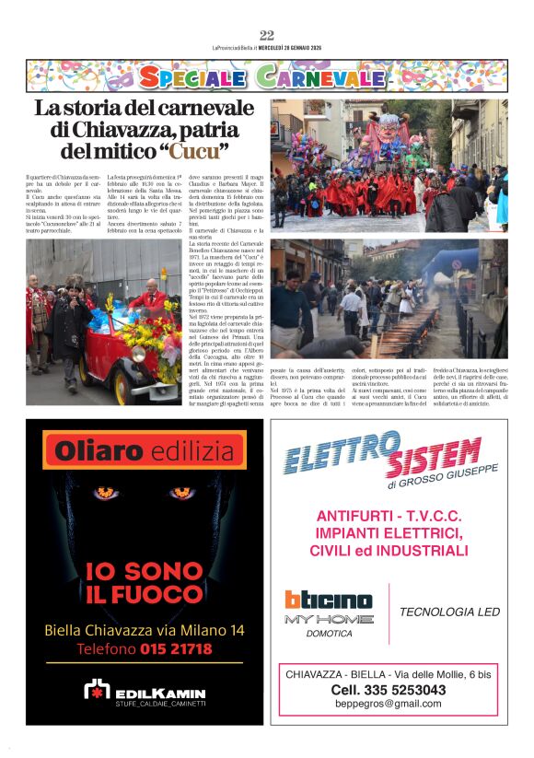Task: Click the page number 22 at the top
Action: pos(267,35)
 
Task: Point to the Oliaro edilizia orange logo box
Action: pos(143,450)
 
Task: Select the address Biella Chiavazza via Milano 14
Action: pos(143,631)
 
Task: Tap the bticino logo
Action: pos(328,601)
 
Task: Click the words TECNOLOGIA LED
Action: pos(449,612)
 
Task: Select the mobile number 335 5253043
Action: pos(388,690)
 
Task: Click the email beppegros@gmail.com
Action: pos(388,705)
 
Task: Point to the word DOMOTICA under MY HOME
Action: pos(330,634)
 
